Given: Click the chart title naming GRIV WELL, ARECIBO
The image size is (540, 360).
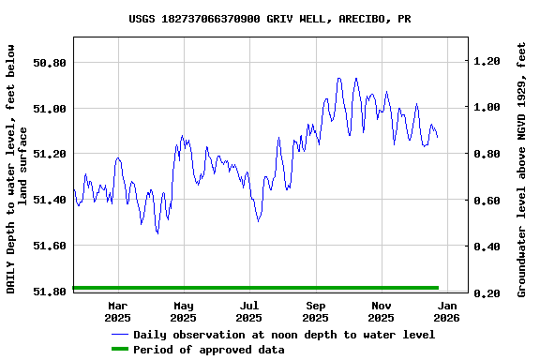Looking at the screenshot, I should tap(270, 19).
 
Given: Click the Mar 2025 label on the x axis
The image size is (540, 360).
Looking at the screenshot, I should tap(118, 311).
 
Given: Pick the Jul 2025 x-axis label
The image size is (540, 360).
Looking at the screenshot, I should tap(249, 311).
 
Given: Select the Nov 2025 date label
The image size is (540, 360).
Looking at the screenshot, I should tap(382, 311).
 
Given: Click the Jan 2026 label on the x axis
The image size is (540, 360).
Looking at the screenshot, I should tap(448, 311).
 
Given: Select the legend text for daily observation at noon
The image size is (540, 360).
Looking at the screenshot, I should tap(284, 335).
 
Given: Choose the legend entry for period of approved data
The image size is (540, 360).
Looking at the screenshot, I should tap(208, 350).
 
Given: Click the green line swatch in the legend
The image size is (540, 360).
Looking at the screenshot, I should tap(119, 350).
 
